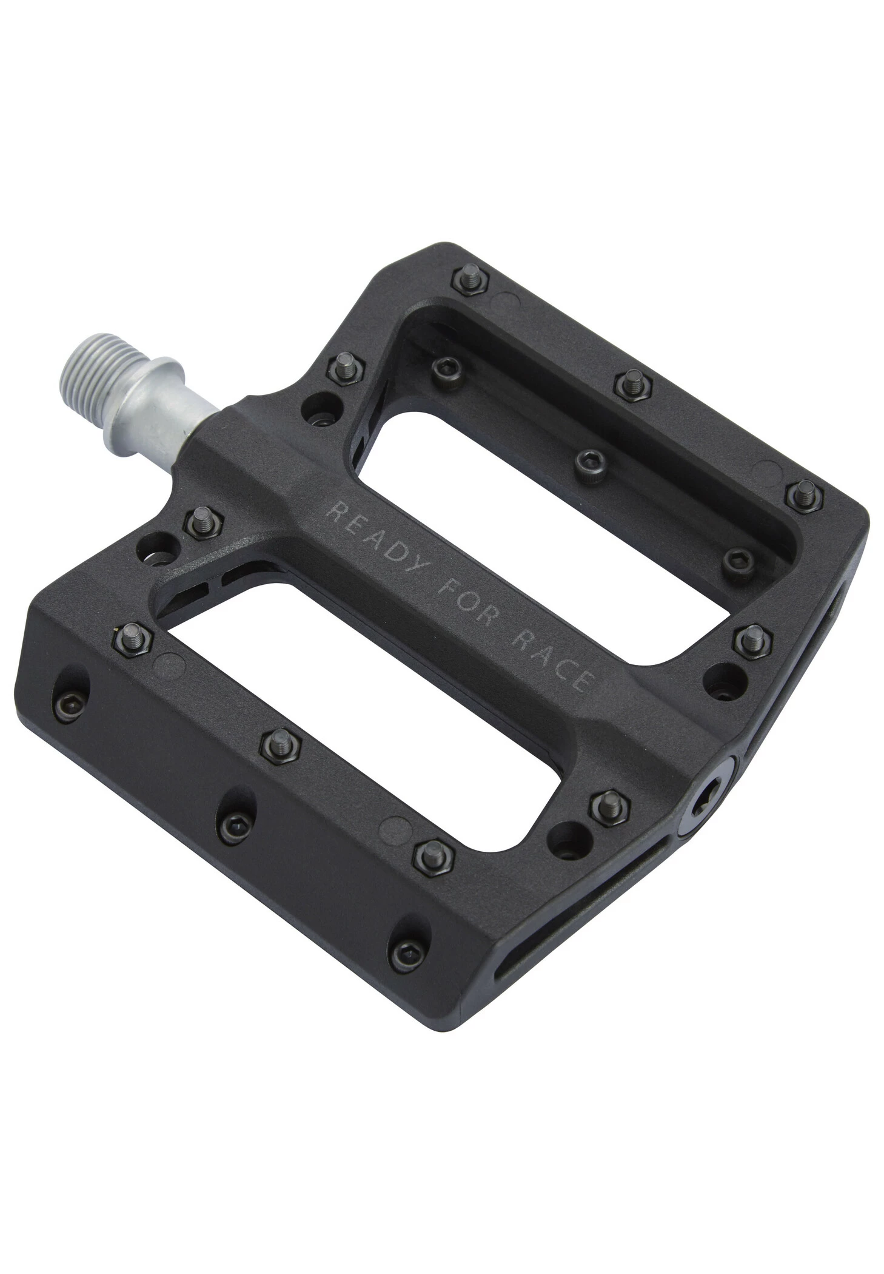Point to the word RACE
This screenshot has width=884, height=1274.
point(549,662)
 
